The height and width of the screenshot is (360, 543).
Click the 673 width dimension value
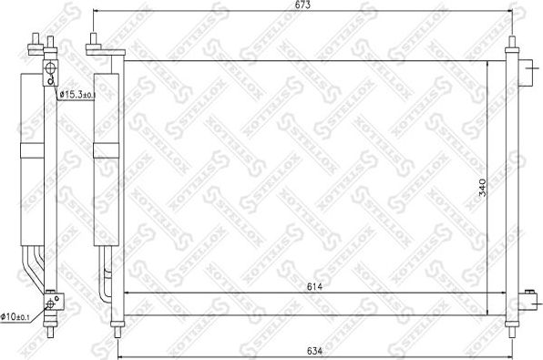302,5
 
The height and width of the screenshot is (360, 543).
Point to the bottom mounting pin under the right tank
509,329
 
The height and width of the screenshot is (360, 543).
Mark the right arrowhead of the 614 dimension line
497,293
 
